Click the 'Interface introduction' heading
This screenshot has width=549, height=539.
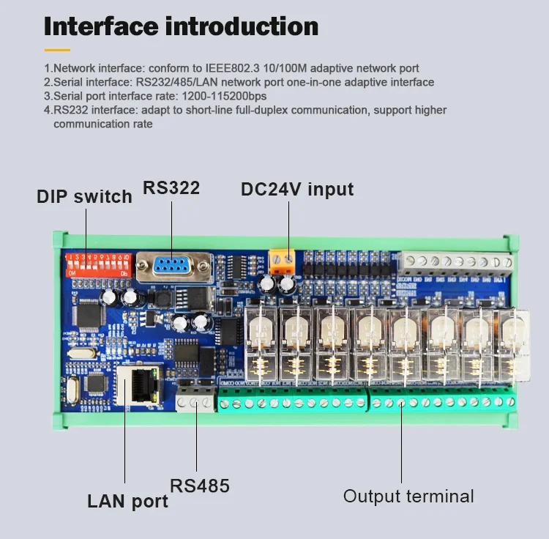(181, 27)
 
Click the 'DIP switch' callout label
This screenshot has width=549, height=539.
(84, 196)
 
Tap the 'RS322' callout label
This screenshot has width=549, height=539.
(171, 187)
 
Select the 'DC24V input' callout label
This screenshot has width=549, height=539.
(297, 189)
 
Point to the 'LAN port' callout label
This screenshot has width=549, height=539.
(127, 501)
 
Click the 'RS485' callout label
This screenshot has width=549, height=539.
(200, 486)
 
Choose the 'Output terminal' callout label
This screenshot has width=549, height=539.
(408, 496)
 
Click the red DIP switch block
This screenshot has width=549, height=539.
(99, 262)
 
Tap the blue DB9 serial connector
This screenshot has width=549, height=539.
(174, 266)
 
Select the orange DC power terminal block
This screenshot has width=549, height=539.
(283, 261)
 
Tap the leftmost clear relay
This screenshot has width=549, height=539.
(262, 341)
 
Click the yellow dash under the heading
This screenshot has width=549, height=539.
(57, 50)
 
